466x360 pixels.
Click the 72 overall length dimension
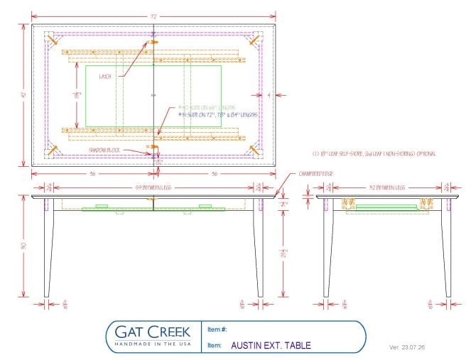153,15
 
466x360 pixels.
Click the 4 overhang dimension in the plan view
270,94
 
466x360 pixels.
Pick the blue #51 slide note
212,114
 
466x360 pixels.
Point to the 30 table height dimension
24,246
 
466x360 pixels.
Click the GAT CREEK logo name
148,331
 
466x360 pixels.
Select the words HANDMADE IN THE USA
148,344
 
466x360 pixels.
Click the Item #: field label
217,329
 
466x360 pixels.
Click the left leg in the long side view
48,249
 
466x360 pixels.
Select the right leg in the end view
447,249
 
